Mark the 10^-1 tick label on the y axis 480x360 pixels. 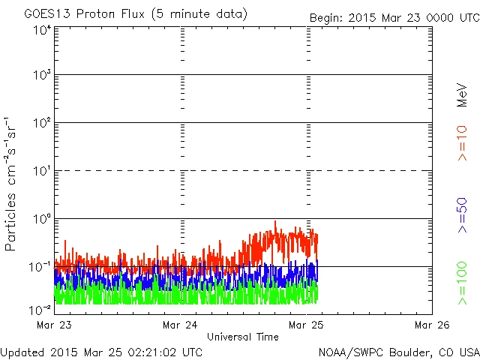(x=41, y=267)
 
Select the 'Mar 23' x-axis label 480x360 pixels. (x=53, y=325)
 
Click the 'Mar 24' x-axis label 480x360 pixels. (x=180, y=325)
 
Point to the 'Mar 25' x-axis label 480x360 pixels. (x=307, y=325)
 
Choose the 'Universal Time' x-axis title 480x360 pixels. (x=243, y=337)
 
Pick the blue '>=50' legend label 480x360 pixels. (x=463, y=215)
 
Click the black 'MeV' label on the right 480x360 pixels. (x=463, y=96)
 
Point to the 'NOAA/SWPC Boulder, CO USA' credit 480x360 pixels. (x=398, y=351)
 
